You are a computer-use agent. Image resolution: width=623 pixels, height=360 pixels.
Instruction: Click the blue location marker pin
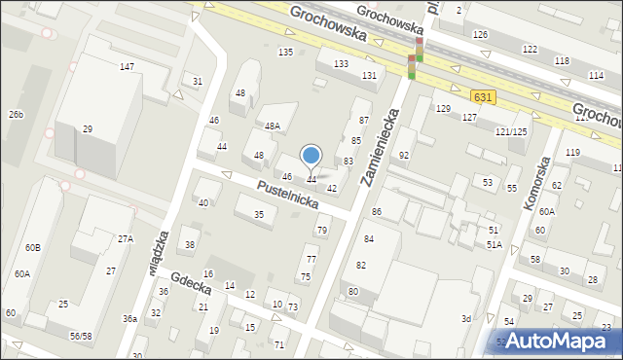[x=311, y=157]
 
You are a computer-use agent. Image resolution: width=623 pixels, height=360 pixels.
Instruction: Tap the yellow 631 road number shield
[x=483, y=97]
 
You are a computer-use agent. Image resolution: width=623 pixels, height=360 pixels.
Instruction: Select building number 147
[x=127, y=66]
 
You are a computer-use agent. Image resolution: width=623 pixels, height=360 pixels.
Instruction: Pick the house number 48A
[x=274, y=126]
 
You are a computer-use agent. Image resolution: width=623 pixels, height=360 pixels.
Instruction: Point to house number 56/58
[x=81, y=336]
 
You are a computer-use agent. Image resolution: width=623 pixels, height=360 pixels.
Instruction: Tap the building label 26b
[x=16, y=114]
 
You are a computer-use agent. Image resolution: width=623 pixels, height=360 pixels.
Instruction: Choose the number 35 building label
[x=259, y=214]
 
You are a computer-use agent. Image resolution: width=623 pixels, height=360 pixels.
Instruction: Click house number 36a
[x=129, y=318]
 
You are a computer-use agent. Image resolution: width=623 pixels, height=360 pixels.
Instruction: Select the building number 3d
[x=466, y=318]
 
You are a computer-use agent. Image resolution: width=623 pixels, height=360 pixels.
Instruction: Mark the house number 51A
[x=495, y=244]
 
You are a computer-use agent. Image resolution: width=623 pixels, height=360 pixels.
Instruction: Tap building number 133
[x=341, y=63]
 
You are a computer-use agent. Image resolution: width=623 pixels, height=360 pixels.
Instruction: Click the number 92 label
[x=404, y=156]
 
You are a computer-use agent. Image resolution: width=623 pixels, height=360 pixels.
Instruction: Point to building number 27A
[x=126, y=238]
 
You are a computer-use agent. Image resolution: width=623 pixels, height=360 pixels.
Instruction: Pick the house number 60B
[x=34, y=248]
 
